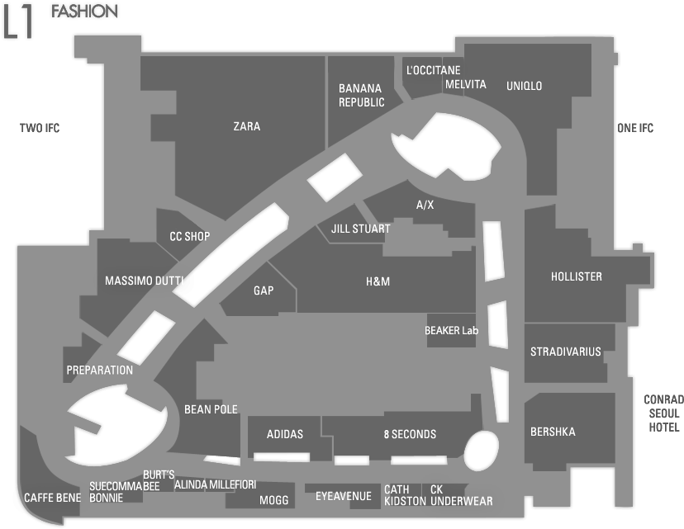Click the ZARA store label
247,126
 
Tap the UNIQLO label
524,86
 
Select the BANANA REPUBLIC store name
361,96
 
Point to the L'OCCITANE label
433,70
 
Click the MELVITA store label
465,84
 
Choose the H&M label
378,281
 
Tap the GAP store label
264,290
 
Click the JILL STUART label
360,229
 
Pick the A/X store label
425,205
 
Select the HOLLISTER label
577,276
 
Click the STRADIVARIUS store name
565,352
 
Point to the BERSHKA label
553,432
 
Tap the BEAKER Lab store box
452,330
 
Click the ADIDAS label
285,434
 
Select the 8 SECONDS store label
410,434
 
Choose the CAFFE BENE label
52,498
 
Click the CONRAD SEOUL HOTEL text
663,413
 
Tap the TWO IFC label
40,128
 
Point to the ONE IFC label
635,128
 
